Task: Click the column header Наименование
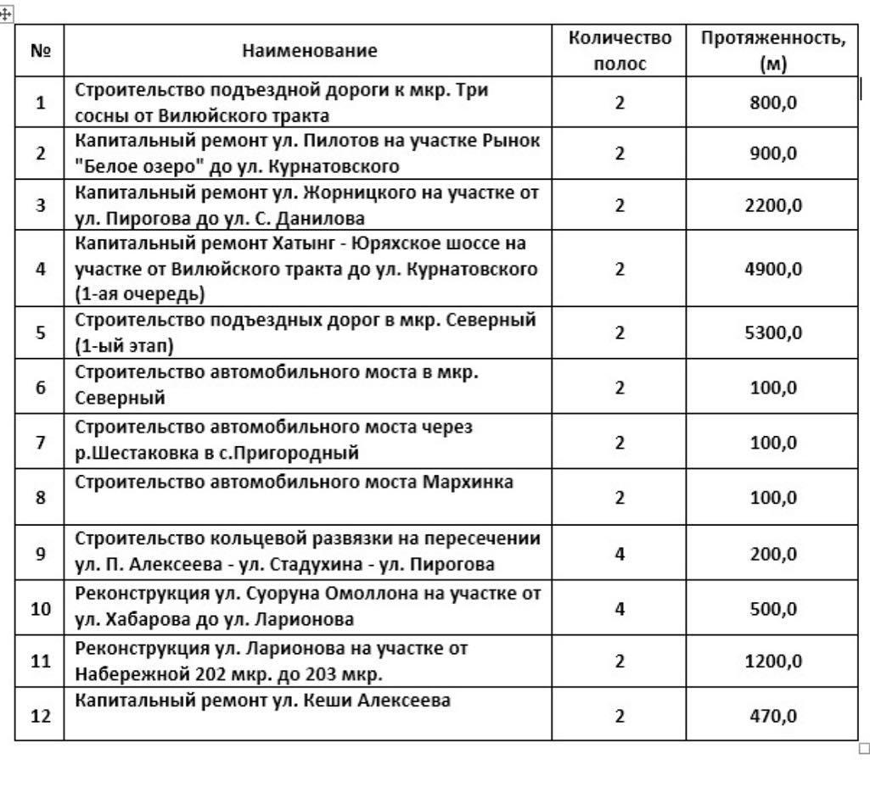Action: (309, 51)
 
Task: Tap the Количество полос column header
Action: (620, 51)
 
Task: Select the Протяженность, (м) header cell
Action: (772, 51)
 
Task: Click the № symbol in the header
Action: (40, 51)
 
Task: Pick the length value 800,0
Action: (773, 103)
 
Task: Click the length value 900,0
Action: (773, 154)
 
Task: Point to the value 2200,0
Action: (773, 205)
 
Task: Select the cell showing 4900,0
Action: (773, 269)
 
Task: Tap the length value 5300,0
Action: (773, 332)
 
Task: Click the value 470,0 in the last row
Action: (773, 716)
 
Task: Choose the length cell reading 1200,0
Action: (773, 661)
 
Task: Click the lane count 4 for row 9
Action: (620, 554)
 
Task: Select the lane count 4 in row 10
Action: (620, 609)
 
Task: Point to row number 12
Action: (41, 716)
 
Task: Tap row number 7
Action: (41, 443)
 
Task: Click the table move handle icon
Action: (7, 14)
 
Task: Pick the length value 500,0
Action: (773, 609)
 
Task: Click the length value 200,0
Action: (773, 554)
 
